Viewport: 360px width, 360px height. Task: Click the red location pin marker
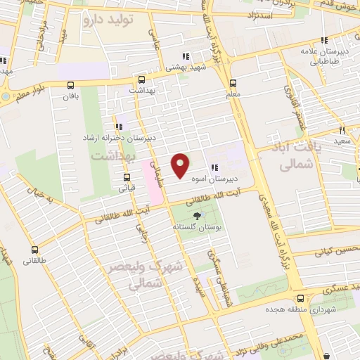click(x=181, y=165)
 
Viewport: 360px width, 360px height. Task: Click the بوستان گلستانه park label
click(x=196, y=229)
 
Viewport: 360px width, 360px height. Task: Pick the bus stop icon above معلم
click(x=233, y=82)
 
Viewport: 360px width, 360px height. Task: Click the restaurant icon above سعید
click(x=342, y=130)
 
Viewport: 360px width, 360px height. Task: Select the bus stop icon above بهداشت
click(x=142, y=79)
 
